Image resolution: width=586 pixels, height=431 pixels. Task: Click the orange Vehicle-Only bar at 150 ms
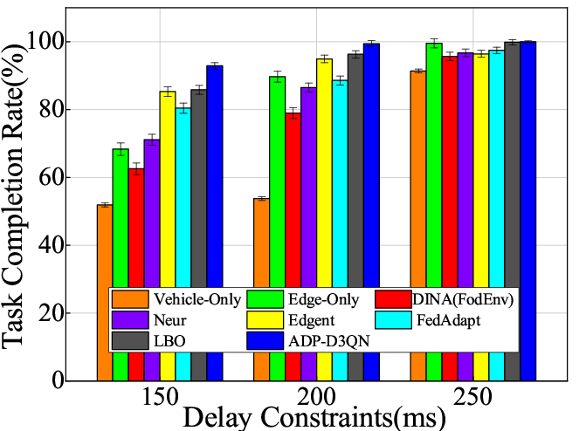(105, 253)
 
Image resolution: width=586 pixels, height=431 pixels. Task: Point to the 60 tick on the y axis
(68, 178)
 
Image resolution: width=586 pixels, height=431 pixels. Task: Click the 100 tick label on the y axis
(62, 43)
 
